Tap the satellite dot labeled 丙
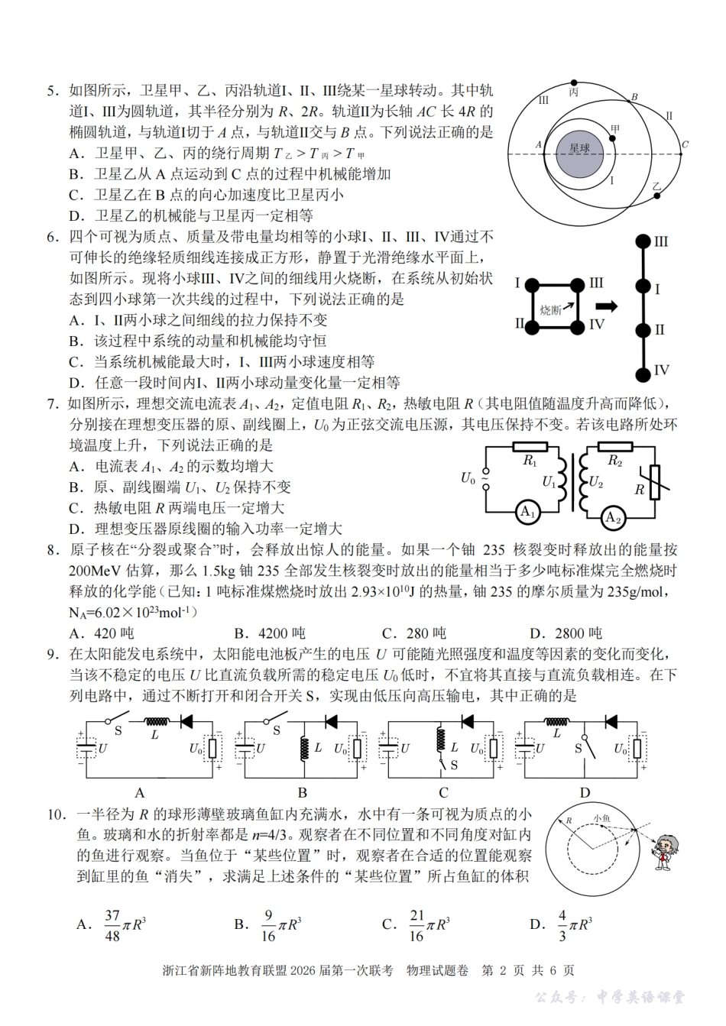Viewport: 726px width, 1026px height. (574, 82)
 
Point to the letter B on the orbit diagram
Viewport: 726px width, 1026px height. (634, 97)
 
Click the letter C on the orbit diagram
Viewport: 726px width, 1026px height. (685, 144)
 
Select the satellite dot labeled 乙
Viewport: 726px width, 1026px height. (656, 196)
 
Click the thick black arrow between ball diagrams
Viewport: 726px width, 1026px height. (606, 306)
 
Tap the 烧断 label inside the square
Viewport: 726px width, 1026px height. (550, 309)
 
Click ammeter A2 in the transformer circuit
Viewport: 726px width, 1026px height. (612, 519)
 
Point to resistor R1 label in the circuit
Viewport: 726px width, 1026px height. (530, 461)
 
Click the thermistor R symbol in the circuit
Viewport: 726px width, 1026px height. (654, 483)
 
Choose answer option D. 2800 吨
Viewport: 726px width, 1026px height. (566, 633)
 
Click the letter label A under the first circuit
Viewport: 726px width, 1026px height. (140, 792)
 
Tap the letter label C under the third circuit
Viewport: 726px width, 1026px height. (443, 792)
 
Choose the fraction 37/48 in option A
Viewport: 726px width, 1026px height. (112, 924)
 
